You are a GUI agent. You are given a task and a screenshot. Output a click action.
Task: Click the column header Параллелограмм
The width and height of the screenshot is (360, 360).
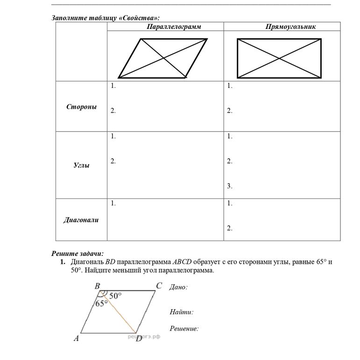click(173, 27)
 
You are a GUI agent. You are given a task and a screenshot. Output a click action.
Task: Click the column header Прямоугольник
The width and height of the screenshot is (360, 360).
click(290, 27)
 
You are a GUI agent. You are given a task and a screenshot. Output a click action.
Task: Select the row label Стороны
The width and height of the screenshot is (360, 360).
click(81, 107)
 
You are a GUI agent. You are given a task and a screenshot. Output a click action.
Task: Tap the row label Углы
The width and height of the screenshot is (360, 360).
click(81, 165)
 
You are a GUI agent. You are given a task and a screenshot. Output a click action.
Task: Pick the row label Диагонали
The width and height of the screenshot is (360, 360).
click(81, 220)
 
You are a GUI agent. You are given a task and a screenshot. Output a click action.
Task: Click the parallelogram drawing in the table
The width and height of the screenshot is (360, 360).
click(163, 58)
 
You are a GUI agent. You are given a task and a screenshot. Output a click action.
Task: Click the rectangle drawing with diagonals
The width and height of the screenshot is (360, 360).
click(279, 58)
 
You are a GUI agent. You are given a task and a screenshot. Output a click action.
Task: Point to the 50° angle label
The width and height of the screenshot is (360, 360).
click(115, 295)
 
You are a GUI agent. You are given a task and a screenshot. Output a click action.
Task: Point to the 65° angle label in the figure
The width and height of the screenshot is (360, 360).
click(101, 303)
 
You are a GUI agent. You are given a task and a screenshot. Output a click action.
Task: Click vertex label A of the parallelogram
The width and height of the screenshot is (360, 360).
click(76, 339)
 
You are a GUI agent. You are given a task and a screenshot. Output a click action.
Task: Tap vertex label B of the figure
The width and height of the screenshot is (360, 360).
click(98, 286)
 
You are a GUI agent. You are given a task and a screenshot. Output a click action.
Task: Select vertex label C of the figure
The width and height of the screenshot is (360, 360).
click(159, 286)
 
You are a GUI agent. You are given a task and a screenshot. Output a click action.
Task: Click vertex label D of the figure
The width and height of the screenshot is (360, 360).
click(139, 339)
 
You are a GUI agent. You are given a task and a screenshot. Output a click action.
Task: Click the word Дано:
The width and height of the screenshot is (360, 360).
click(178, 288)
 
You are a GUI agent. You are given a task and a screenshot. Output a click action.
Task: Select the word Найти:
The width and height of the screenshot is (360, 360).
click(181, 312)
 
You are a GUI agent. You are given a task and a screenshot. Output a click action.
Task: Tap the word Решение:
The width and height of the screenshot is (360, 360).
click(184, 329)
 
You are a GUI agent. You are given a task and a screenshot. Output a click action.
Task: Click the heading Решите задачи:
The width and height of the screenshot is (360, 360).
click(77, 254)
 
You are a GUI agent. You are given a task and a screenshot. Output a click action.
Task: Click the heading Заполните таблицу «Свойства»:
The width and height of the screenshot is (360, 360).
click(105, 18)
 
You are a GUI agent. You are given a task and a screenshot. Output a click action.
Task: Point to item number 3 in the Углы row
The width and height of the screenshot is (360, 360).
click(230, 186)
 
